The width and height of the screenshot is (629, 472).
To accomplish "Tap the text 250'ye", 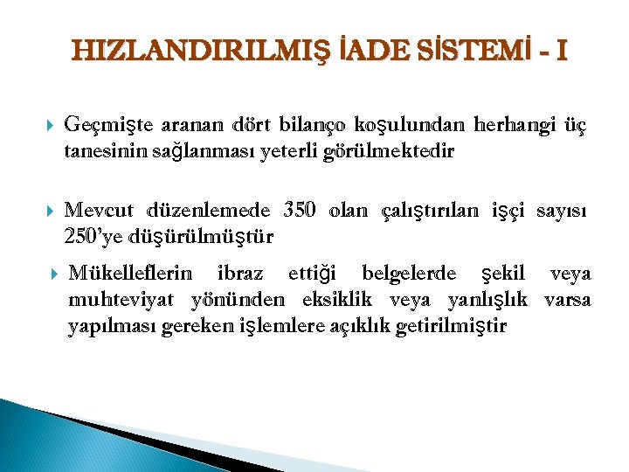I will click(92, 236).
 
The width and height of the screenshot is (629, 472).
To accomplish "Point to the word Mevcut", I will click(99, 212).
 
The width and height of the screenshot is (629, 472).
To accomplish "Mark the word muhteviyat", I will click(124, 301).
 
